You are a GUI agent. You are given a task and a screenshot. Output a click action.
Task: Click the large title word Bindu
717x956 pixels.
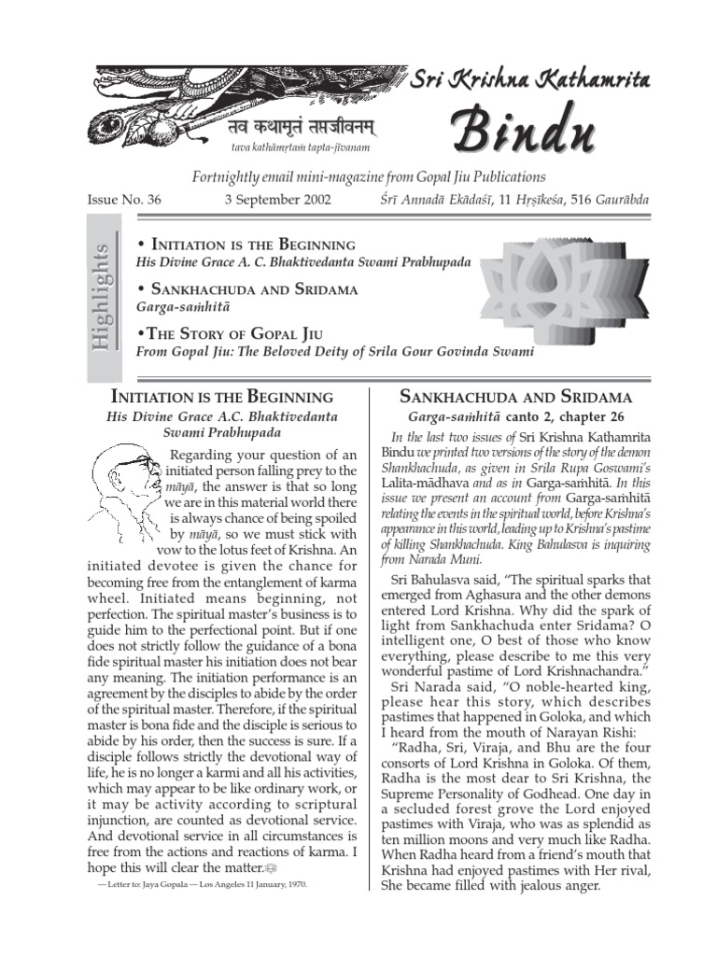coord(524,133)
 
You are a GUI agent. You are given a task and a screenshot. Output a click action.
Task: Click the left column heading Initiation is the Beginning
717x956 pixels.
coord(222,397)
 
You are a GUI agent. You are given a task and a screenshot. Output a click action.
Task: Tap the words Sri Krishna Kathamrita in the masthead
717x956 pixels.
coord(530,81)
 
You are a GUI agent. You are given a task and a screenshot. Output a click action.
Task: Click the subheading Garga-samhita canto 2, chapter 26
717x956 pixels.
coord(516,416)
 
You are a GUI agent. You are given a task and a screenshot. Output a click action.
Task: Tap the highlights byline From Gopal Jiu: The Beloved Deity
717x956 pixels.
coord(335,352)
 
